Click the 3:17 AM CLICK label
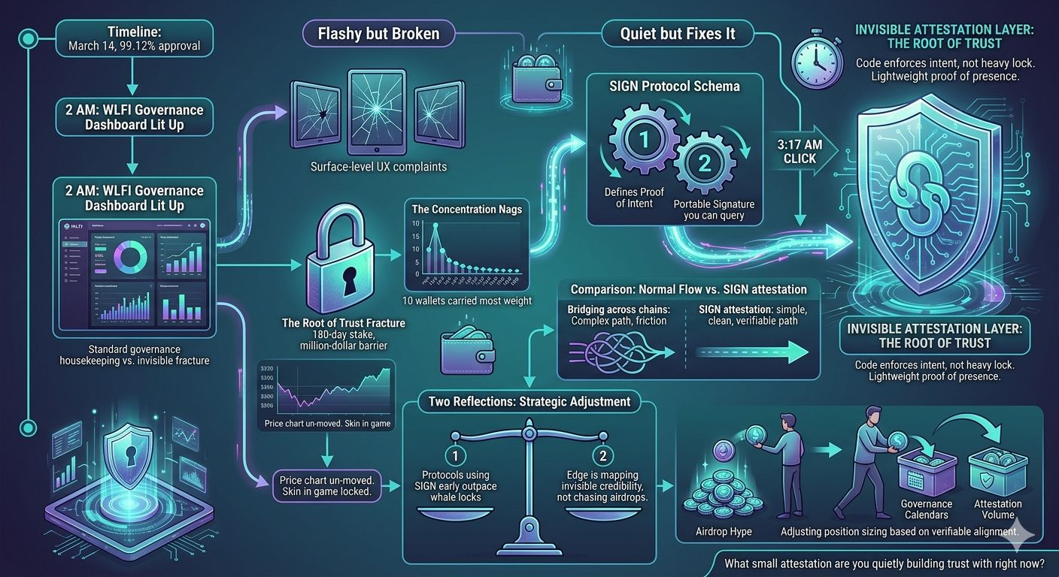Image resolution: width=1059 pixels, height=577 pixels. tap(799, 153)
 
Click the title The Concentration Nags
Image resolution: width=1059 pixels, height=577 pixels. tap(466, 210)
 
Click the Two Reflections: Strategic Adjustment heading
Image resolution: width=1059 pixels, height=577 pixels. tap(529, 401)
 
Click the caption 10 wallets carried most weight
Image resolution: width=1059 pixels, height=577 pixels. tap(467, 301)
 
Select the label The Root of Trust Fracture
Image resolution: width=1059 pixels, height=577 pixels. tap(343, 323)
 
